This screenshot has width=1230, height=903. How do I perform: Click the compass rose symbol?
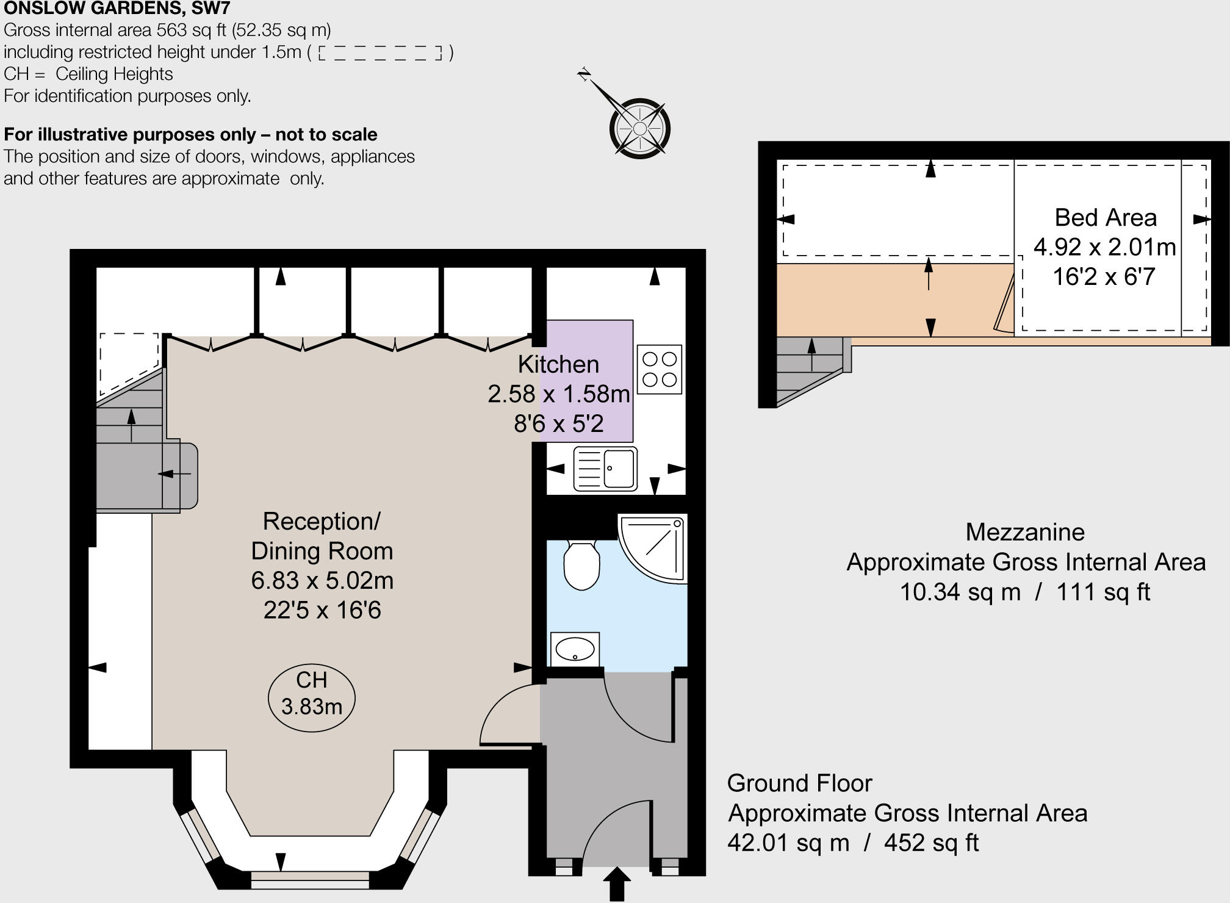click(x=639, y=128)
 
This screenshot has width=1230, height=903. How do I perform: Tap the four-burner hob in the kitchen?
click(x=659, y=369)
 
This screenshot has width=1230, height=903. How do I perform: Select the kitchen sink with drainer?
click(x=605, y=469)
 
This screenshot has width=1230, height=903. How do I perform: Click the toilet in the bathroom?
click(x=581, y=565)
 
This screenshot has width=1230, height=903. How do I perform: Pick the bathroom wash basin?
click(x=575, y=649)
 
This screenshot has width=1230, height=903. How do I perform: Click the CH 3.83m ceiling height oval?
click(x=311, y=697)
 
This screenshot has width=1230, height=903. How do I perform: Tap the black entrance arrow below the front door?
click(x=617, y=883)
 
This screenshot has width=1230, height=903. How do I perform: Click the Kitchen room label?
click(x=558, y=364)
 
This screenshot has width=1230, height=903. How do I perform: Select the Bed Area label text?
click(x=1105, y=218)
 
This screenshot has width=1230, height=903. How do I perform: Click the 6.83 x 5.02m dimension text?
click(x=322, y=580)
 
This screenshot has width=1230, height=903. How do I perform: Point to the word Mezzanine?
click(x=1024, y=532)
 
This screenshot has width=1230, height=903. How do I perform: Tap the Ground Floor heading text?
click(x=799, y=783)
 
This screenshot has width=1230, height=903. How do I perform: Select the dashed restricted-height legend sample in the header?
click(x=380, y=53)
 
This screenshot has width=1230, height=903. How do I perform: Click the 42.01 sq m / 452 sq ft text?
click(x=852, y=843)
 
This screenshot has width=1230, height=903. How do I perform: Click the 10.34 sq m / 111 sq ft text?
click(x=1024, y=592)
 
